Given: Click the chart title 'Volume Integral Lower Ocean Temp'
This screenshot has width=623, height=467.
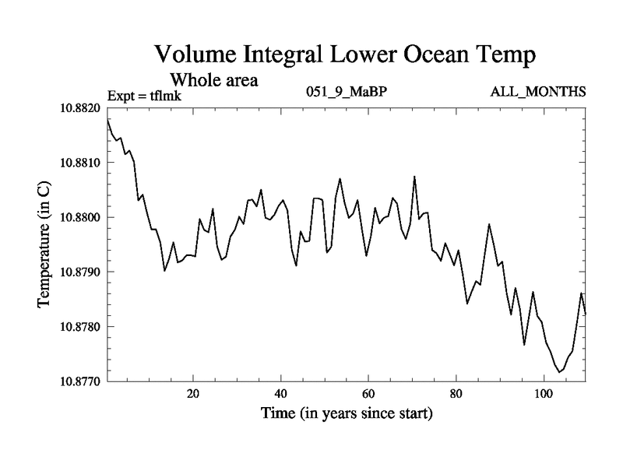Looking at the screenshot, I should (x=344, y=54).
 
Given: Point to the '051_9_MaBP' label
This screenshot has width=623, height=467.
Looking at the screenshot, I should (x=347, y=93).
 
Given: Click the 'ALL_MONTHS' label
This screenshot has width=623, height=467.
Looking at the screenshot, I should (x=537, y=93).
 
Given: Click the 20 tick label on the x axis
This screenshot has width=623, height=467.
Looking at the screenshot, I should (x=193, y=394).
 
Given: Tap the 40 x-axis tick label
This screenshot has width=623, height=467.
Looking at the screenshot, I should (x=280, y=394).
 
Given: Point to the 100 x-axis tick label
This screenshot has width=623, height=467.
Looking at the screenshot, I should (x=544, y=394).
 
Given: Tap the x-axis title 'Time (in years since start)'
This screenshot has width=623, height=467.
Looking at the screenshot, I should (x=346, y=414).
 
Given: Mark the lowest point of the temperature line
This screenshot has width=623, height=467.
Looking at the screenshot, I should (x=559, y=372).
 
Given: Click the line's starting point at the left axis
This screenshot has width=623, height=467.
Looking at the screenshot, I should (x=107, y=119).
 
